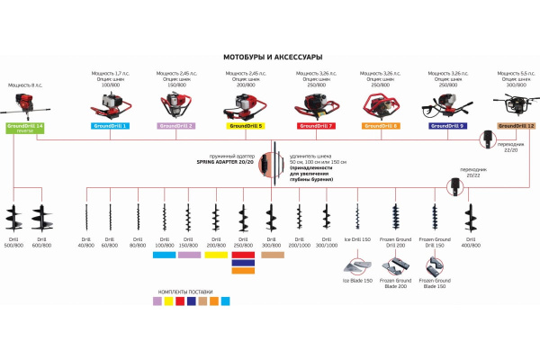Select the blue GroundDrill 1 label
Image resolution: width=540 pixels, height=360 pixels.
(x=111, y=126)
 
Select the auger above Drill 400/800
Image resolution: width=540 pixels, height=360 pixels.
(x=469, y=220)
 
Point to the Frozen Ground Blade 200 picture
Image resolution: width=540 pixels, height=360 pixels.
(x=396, y=267)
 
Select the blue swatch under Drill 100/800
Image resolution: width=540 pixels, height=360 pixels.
(x=164, y=256)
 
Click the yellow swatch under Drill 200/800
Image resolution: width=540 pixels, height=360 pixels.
(x=217, y=256)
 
